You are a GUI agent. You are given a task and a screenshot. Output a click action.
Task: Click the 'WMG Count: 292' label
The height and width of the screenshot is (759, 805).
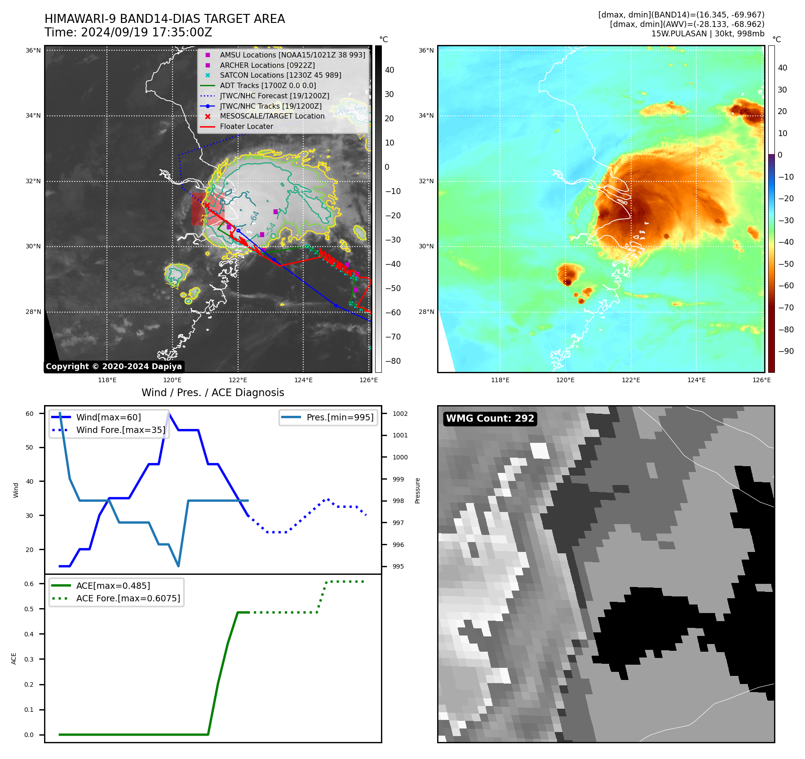point(490,419)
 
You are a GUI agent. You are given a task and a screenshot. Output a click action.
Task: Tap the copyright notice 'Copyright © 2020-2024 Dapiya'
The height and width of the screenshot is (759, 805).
point(114,366)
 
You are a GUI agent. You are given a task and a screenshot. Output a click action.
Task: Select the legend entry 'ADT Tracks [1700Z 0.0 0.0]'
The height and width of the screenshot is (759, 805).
point(268,85)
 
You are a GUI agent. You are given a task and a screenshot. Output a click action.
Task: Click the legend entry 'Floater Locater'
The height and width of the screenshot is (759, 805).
point(246,127)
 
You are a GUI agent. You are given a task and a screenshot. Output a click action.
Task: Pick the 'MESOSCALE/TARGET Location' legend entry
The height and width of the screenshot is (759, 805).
point(272,116)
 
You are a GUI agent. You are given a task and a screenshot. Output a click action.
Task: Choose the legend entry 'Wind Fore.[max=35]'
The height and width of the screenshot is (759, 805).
point(120,430)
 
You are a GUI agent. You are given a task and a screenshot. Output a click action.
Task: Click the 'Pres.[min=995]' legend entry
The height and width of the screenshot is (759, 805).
point(340,417)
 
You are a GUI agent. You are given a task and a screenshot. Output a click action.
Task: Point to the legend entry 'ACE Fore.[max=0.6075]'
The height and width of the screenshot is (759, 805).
point(128,598)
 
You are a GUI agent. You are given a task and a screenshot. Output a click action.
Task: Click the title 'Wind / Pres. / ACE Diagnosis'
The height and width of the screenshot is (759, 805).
point(212,393)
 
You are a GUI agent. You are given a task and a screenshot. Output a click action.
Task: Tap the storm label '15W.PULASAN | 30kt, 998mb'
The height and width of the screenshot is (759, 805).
point(708,34)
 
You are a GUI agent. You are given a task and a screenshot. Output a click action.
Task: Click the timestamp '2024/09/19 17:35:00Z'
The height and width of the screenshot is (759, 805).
point(146,33)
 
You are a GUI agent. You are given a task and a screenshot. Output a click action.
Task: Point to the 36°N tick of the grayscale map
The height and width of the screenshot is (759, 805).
point(33,50)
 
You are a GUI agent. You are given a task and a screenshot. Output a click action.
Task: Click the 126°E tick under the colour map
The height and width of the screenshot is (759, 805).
point(761,380)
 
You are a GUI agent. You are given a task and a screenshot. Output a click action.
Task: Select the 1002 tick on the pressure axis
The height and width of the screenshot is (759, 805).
point(400,414)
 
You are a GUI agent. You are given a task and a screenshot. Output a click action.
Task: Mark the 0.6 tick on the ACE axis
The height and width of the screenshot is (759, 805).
point(29,584)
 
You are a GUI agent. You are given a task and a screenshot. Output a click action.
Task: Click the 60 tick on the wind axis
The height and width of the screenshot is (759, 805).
point(29,414)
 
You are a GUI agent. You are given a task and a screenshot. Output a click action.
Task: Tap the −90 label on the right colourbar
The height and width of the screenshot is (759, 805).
point(786,351)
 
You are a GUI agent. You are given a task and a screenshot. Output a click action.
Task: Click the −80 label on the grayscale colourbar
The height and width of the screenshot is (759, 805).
point(393,361)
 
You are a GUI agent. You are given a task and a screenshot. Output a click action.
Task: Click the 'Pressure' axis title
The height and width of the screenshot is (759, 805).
point(417,490)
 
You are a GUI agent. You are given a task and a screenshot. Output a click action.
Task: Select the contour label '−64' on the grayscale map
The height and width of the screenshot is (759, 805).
point(255,217)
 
